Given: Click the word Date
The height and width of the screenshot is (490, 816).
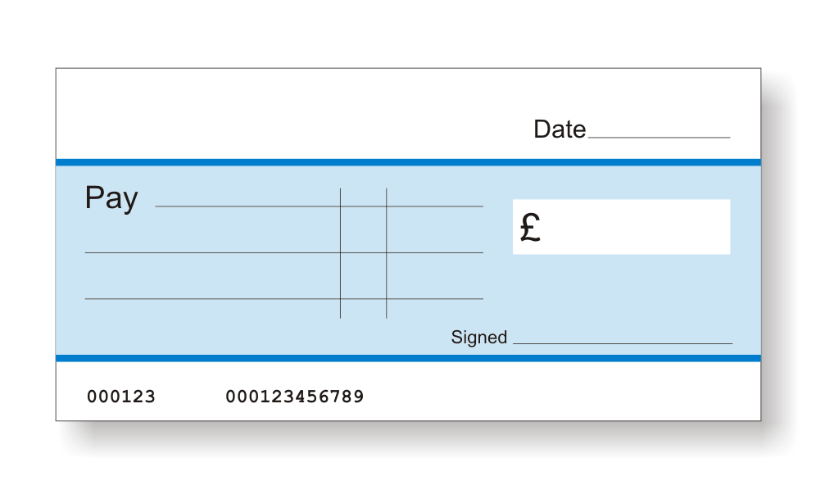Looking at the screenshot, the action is click(560, 129).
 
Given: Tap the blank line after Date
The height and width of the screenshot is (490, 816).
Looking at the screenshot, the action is click(659, 138).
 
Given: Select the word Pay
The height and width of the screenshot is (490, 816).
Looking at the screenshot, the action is click(111, 198).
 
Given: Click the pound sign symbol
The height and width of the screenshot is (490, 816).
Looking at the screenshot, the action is click(530, 228).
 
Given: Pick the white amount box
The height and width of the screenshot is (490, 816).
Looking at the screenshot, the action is click(621, 227).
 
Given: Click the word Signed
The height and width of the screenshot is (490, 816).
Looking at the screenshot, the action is click(478, 338).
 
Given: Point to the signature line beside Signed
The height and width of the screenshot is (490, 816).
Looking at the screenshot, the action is click(623, 343).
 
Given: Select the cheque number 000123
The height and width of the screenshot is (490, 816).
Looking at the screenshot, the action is click(120, 397).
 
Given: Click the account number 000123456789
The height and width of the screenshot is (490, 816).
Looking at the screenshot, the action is click(295, 397).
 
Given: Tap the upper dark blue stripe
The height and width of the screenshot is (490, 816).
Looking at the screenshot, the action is click(408, 162).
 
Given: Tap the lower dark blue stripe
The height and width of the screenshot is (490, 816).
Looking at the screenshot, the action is click(408, 358).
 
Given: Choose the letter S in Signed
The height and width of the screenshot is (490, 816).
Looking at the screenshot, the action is click(456, 338).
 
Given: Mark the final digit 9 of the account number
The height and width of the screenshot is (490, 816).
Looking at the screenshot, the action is click(358, 397).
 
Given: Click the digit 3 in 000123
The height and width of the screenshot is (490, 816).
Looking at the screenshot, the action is click(150, 397).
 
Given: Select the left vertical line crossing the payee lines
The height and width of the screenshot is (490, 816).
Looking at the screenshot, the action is click(340, 253).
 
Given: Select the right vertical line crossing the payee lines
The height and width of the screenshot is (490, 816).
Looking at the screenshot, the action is click(386, 253).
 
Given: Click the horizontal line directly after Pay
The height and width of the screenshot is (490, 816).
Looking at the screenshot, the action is click(319, 206).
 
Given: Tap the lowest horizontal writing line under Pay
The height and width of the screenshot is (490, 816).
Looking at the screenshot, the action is click(284, 299).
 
